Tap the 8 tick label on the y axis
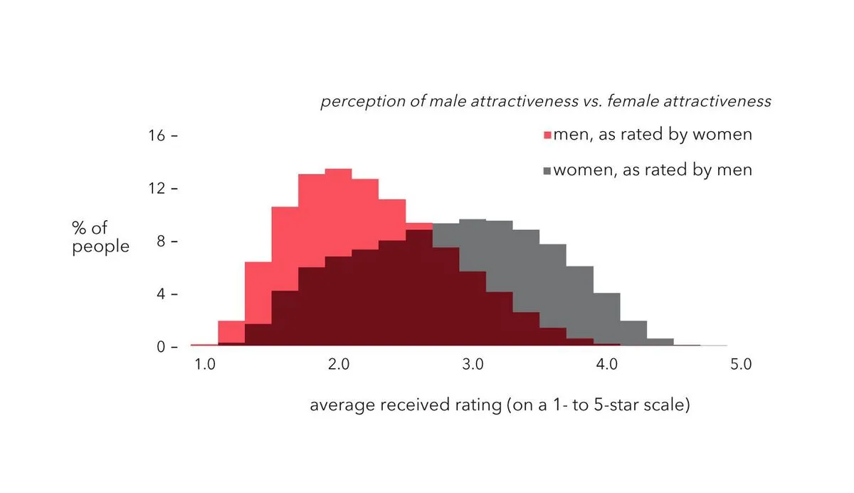click(161, 242)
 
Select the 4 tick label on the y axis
click(161, 294)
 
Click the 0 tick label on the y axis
click(161, 347)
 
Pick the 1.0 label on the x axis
click(204, 365)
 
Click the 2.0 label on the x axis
click(338, 365)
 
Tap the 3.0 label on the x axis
click(473, 365)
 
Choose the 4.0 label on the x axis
click(606, 365)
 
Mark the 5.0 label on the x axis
click(740, 365)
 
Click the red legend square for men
click(547, 135)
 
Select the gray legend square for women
click(547, 171)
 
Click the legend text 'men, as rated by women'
click(653, 134)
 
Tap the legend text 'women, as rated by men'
click(653, 170)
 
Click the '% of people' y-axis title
click(100, 237)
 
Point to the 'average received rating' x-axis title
click(500, 406)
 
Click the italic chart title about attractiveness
click(546, 101)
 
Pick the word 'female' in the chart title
click(636, 101)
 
